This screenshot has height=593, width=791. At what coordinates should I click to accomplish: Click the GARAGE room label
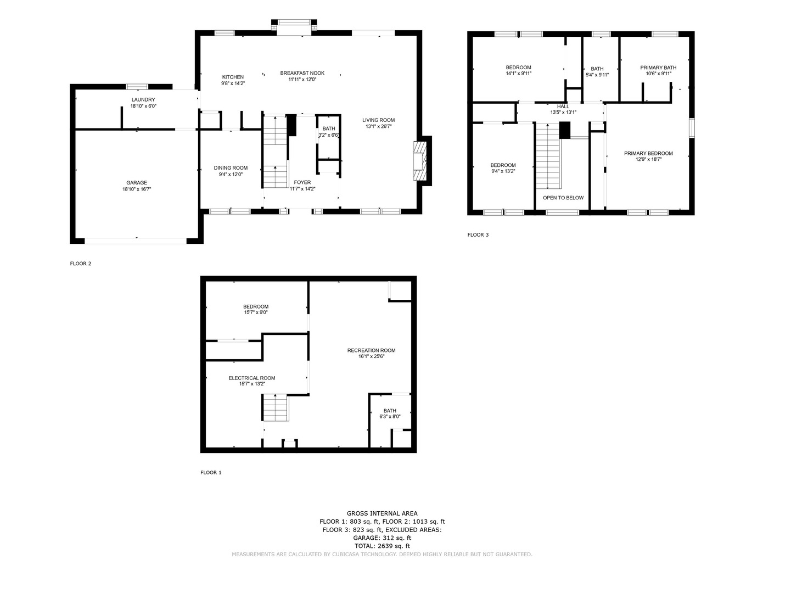pos(137,183)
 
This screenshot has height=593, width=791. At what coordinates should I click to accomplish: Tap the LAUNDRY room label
pos(143,99)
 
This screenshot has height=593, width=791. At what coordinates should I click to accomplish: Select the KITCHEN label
pos(233,77)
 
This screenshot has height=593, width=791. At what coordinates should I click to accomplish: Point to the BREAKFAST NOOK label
pos(302,73)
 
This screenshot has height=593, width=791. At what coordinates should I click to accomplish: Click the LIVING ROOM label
pos(378,120)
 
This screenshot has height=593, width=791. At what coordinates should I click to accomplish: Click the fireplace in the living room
pos(420,161)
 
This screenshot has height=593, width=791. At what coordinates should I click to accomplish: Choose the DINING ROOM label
pos(231,168)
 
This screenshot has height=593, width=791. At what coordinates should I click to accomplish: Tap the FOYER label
pos(302,182)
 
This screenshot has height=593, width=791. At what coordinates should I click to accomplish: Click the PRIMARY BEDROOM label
pos(648,153)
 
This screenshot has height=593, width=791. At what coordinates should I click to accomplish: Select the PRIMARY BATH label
pos(658,68)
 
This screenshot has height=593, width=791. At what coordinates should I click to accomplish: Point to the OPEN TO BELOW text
pos(563,198)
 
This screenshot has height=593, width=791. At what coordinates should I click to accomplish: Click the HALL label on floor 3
pos(563,107)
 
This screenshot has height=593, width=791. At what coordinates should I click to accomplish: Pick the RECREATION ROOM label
pos(371,350)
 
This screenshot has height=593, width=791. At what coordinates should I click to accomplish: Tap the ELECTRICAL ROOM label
pos(252,378)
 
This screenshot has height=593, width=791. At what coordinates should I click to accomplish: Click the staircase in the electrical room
pos(275,408)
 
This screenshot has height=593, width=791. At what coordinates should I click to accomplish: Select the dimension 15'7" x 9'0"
pos(256,312)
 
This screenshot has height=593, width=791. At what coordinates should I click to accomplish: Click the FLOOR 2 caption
pos(81,264)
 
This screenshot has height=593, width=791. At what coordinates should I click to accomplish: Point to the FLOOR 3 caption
pos(478,235)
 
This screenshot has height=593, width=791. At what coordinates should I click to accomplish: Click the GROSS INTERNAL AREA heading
pos(382,513)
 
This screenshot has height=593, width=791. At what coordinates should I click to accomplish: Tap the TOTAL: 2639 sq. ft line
pos(382,546)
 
